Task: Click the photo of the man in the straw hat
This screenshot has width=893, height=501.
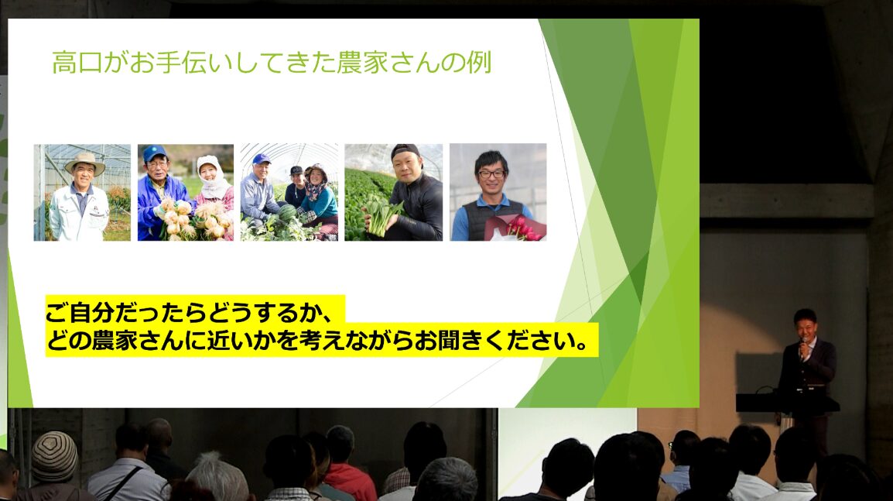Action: [82, 192]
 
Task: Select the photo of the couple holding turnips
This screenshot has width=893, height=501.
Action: [186, 192]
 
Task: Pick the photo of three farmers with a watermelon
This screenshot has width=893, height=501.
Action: [289, 192]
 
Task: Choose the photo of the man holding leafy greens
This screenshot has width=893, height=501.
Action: [394, 192]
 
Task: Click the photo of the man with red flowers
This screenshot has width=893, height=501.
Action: [498, 192]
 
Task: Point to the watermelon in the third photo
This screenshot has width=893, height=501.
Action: [288, 214]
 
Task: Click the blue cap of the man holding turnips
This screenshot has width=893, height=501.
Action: [154, 153]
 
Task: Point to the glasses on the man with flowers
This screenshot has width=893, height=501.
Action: [491, 173]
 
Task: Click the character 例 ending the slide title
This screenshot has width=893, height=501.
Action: [479, 63]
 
